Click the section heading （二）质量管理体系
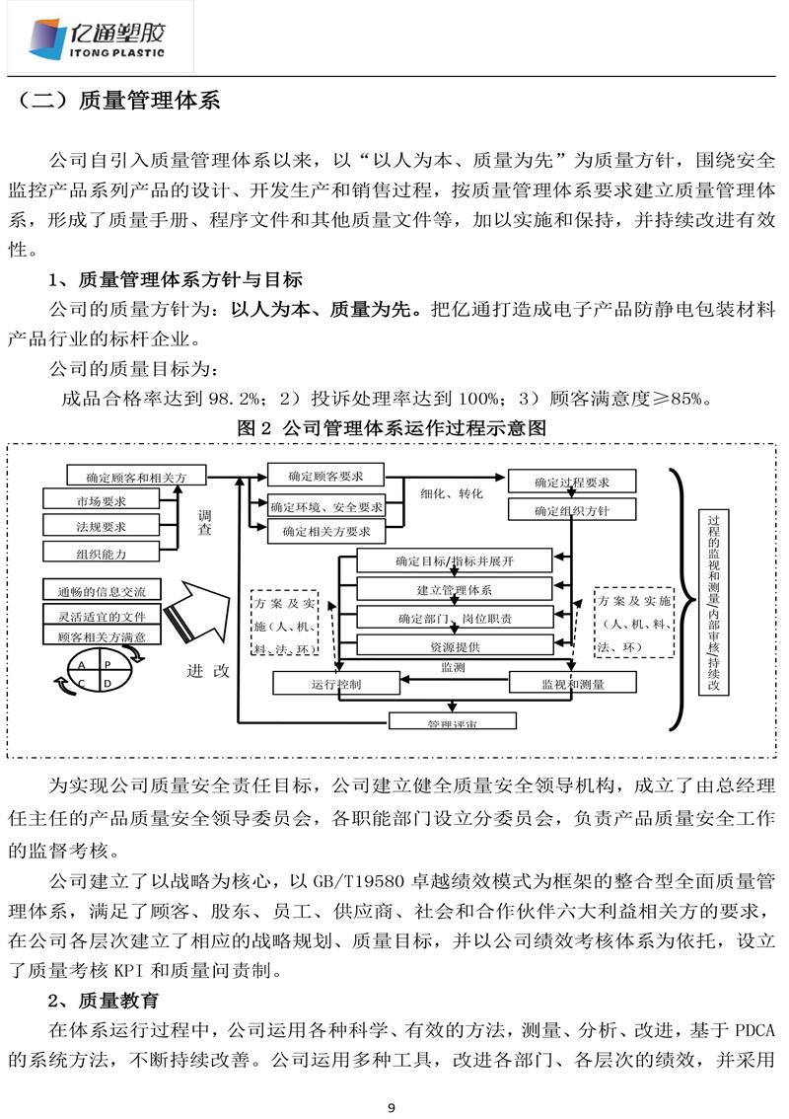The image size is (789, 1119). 118,102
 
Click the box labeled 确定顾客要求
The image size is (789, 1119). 325,477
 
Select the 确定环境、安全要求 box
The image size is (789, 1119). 325,506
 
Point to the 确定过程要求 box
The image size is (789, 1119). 572,483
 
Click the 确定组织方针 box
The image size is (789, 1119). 572,510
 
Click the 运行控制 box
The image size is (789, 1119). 335,683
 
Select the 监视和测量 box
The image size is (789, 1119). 572,683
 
